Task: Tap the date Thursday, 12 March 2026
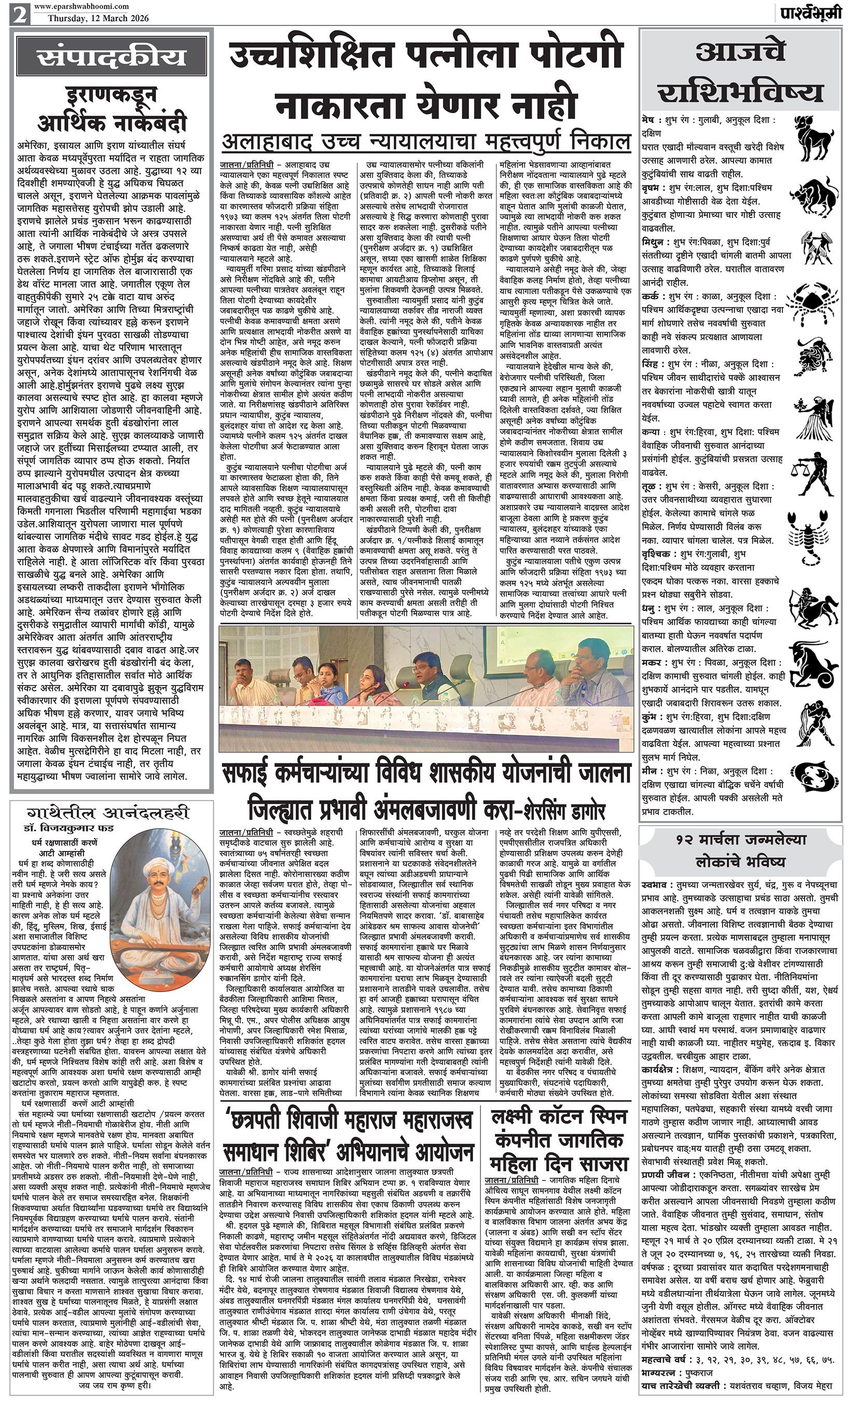point(99,18)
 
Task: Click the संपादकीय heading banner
point(112,57)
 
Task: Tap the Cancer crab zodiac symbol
point(817,298)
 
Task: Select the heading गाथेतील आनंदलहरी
point(111,812)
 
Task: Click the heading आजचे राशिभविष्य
point(740,73)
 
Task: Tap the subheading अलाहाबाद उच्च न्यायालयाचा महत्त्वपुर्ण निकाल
point(426,141)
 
